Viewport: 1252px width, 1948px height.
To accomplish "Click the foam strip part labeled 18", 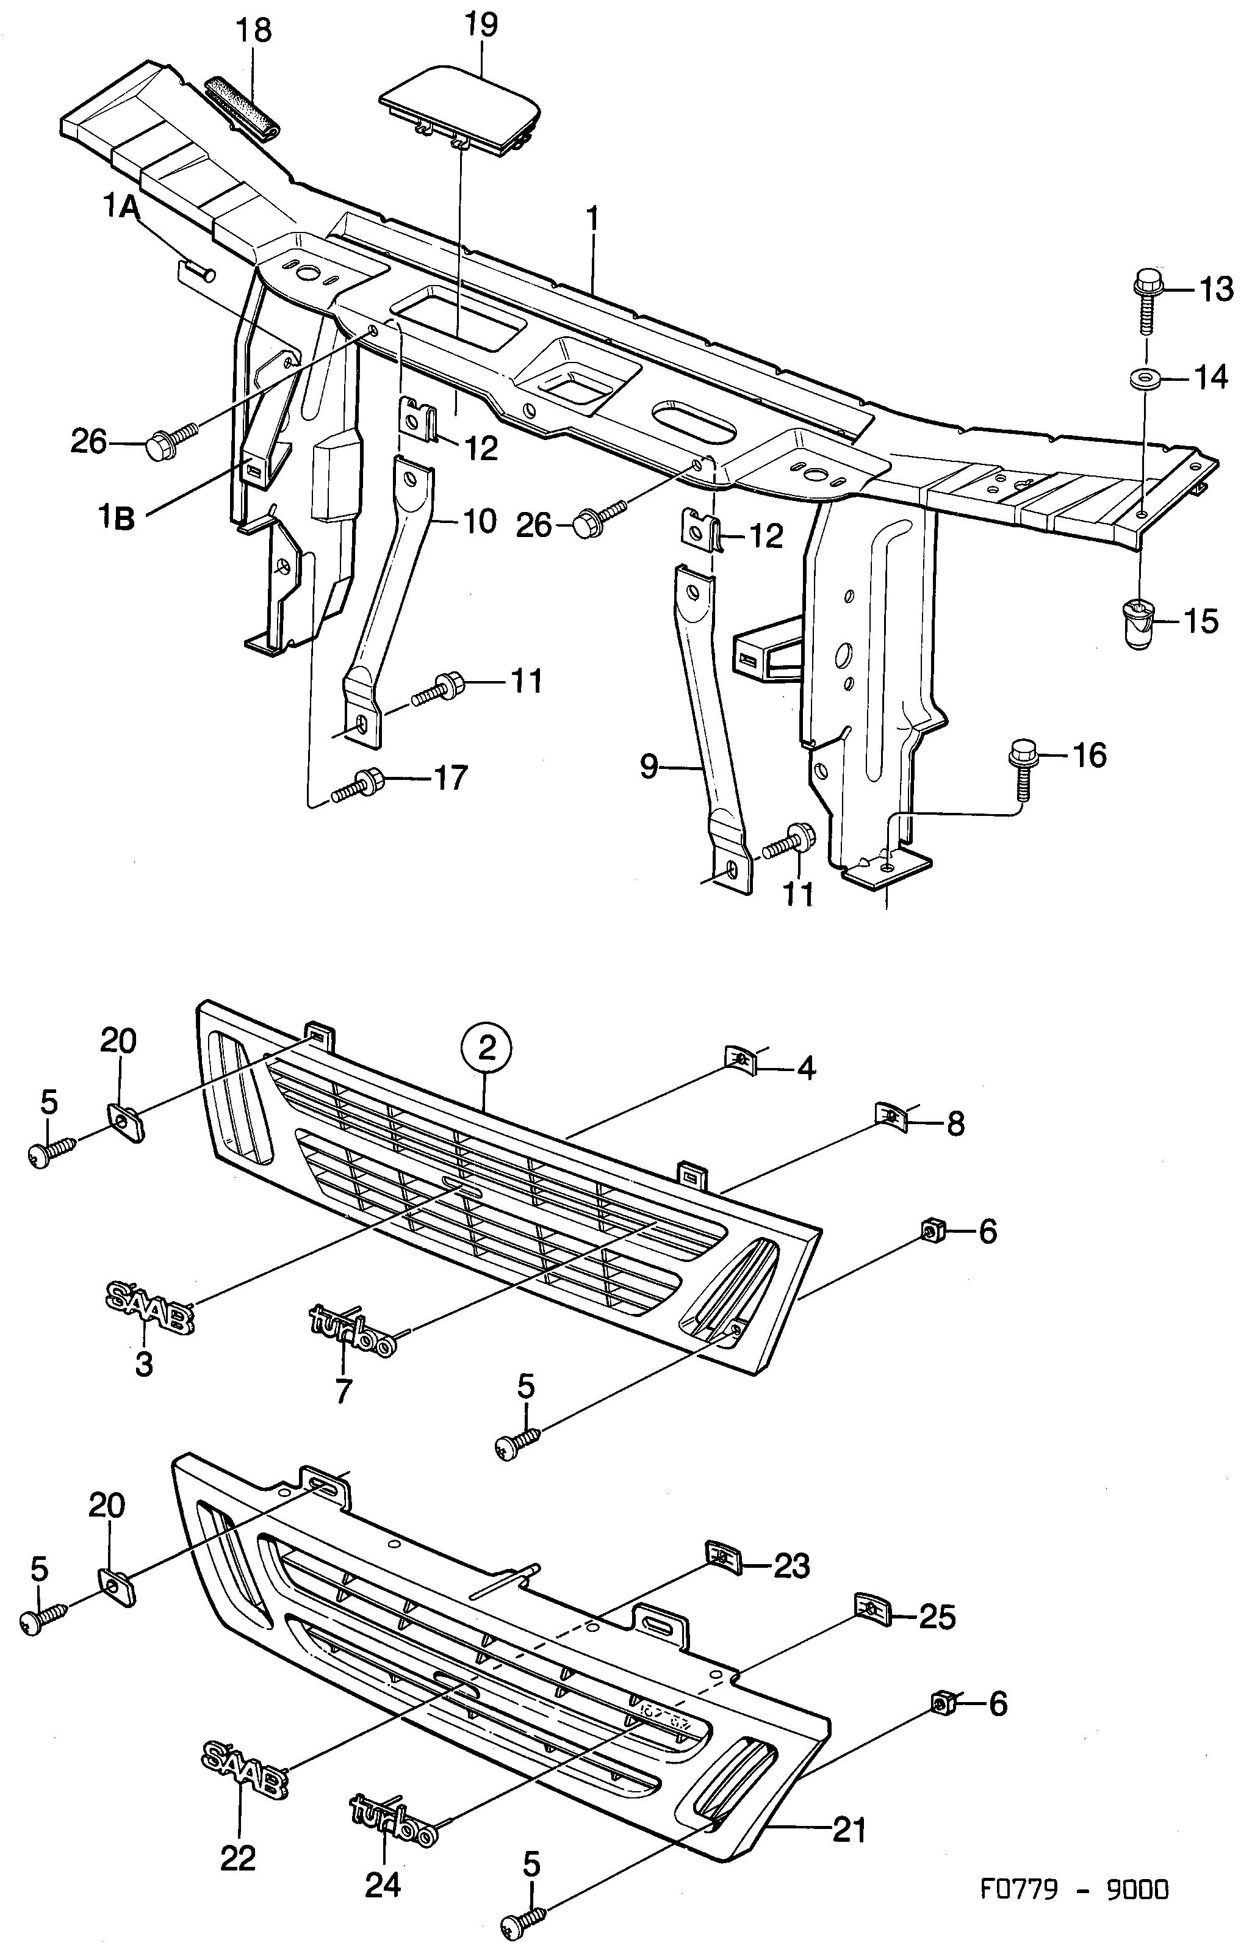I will [x=242, y=109].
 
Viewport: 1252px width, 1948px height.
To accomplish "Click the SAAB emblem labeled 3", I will [x=149, y=1306].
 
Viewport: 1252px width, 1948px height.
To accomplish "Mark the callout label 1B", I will [x=118, y=519].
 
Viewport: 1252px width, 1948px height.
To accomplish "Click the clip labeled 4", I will [x=740, y=1059].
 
